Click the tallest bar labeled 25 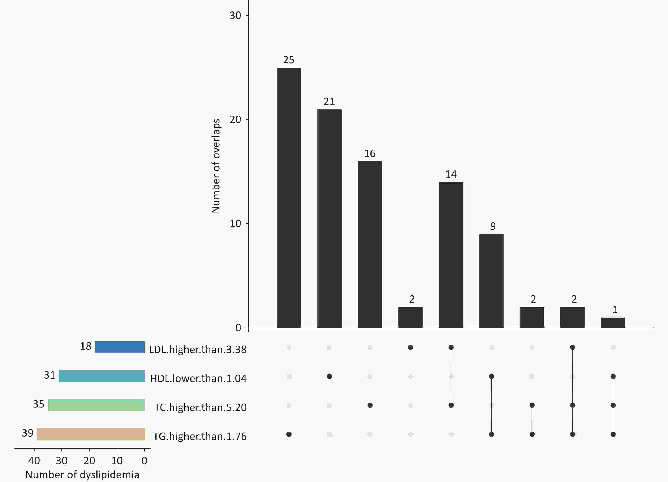289,198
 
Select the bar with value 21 329,218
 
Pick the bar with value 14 451,255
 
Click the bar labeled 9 491,281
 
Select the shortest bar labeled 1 613,322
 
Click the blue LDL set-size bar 120,347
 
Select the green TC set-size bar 96,405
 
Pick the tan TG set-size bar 91,434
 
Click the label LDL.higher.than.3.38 198,350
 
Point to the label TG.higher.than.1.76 200,436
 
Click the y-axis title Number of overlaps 216,166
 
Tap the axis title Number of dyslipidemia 82,475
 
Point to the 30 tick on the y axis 235,15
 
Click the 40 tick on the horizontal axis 34,461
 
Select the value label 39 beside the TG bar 28,433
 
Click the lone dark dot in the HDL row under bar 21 329,376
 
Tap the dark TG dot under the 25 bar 289,434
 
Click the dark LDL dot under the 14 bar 451,347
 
